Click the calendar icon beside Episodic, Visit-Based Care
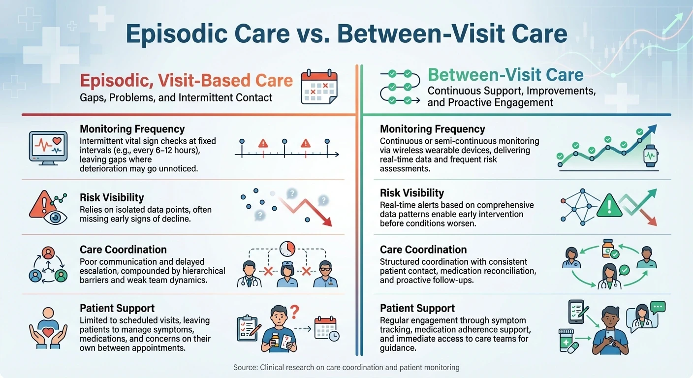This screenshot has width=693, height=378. (x=319, y=87)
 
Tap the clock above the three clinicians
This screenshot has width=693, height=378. (x=287, y=249)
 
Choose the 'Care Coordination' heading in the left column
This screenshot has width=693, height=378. (x=123, y=250)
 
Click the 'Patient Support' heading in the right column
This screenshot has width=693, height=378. (x=417, y=308)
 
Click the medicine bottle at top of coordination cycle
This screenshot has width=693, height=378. (x=608, y=249)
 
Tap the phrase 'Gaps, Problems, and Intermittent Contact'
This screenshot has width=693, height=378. (x=176, y=97)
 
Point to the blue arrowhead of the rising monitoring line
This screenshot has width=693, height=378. (x=654, y=129)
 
